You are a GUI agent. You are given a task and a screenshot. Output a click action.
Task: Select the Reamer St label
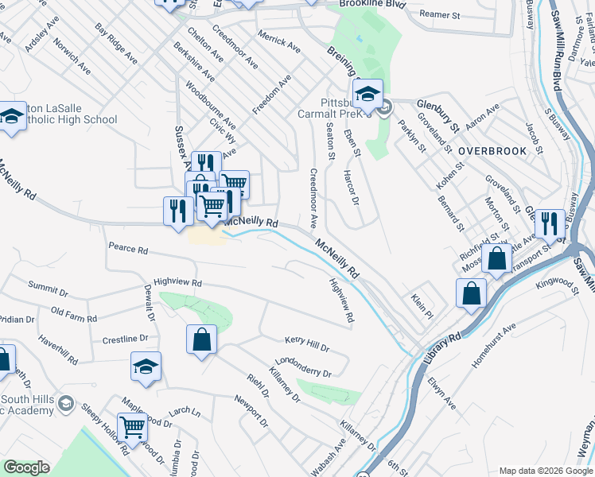coord(440,15)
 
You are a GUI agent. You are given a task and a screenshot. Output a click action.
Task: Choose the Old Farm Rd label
coord(73,314)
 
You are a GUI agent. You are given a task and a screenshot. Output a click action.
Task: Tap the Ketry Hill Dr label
coord(306,344)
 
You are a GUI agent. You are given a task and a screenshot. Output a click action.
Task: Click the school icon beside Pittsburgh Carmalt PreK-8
coord(367,95)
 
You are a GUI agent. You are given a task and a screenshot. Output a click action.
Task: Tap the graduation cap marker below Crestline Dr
coord(146,366)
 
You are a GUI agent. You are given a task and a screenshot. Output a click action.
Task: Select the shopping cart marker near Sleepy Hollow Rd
coord(132,428)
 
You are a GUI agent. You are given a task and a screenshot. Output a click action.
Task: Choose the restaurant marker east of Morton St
coord(550,225)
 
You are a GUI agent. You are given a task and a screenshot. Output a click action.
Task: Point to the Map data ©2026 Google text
coord(544,471)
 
